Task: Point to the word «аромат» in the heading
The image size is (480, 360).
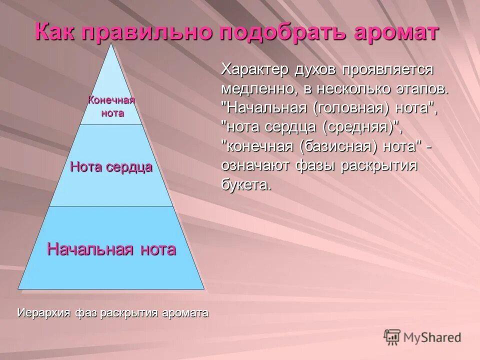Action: point(392,32)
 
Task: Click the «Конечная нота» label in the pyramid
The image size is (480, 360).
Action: point(112,106)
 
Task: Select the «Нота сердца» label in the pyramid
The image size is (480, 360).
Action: point(111,167)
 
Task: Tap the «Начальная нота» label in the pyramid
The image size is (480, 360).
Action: point(111,248)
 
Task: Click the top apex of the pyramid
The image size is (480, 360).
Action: point(112,45)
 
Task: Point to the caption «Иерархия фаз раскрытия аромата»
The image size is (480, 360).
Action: point(112,313)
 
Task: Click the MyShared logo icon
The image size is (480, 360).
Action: point(392,337)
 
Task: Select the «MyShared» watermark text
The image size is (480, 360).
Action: point(432,337)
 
